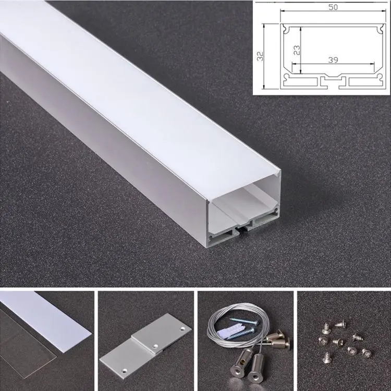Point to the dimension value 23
pyautogui.click(x=296, y=51)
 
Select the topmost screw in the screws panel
pyautogui.click(x=340, y=324)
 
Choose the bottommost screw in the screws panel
pyautogui.click(x=327, y=357)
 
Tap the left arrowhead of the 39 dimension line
pyautogui.click(x=293, y=65)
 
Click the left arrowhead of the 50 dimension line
pyautogui.click(x=283, y=11)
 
